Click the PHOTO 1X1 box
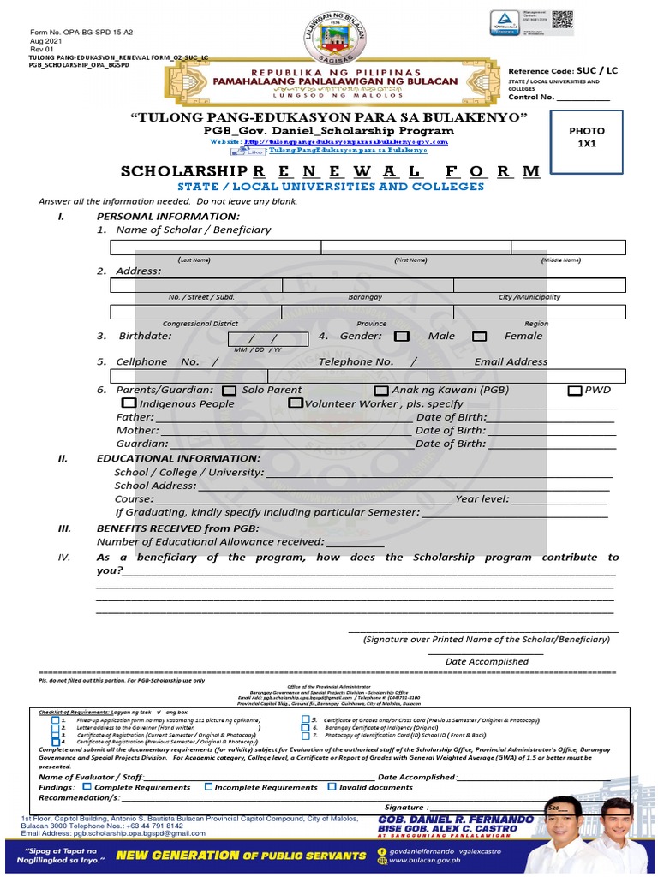(586, 137)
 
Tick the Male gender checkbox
(401, 337)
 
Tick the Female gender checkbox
(480, 337)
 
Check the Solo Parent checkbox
(229, 391)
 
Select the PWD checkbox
(575, 391)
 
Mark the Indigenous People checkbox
(129, 403)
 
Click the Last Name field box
(215, 248)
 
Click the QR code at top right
(562, 21)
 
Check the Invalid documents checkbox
(332, 787)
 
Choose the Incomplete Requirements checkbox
(208, 787)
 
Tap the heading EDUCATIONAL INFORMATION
(178, 458)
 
